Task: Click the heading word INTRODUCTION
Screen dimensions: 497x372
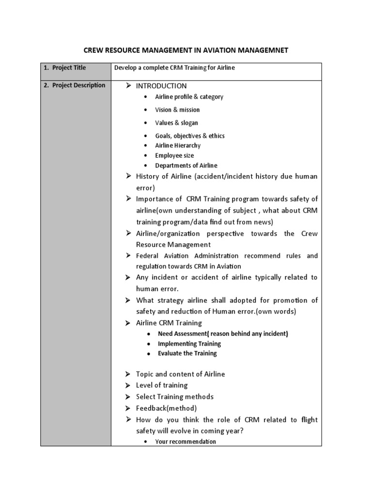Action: [161, 86]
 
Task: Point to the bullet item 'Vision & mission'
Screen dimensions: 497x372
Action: [177, 110]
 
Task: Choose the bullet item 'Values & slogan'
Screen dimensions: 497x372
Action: [176, 123]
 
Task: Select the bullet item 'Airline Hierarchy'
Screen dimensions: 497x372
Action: [178, 146]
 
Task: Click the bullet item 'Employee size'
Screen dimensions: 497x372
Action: [174, 156]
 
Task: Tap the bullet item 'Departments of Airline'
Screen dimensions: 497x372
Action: [186, 166]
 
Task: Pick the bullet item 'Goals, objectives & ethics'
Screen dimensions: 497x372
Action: [190, 136]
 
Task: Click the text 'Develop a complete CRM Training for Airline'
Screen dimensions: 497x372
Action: [174, 68]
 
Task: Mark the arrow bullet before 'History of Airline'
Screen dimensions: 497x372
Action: [128, 176]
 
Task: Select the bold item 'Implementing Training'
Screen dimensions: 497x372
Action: [189, 344]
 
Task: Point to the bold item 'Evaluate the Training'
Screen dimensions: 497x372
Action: [187, 353]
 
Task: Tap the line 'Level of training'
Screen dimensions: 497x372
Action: [162, 385]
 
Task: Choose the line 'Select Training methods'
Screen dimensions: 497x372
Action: [174, 397]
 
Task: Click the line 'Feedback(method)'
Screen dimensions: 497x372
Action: [166, 408]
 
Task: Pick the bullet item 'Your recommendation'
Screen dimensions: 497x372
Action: [186, 442]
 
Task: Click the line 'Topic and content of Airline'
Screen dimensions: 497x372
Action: [180, 374]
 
